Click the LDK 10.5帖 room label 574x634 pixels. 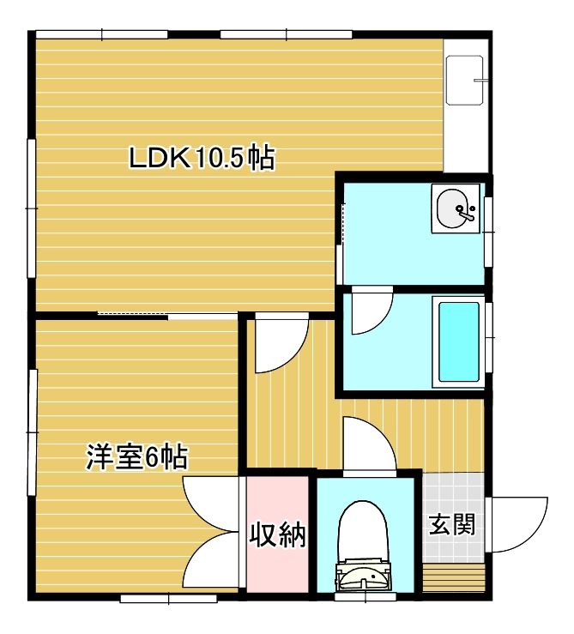click(x=202, y=157)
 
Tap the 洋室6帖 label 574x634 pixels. click(x=137, y=457)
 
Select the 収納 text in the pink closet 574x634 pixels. click(x=277, y=534)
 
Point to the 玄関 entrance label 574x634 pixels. click(x=452, y=524)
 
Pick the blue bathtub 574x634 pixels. click(x=459, y=342)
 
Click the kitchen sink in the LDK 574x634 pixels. click(x=465, y=80)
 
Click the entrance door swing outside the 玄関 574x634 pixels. click(x=517, y=524)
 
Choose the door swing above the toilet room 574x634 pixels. click(x=369, y=444)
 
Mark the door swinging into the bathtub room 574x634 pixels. click(x=372, y=310)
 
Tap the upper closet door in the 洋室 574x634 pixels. click(x=210, y=504)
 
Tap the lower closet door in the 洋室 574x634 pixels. click(x=210, y=560)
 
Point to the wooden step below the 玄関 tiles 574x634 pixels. click(x=454, y=577)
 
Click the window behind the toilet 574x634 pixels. click(x=366, y=597)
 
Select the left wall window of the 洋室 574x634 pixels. click(x=32, y=432)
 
